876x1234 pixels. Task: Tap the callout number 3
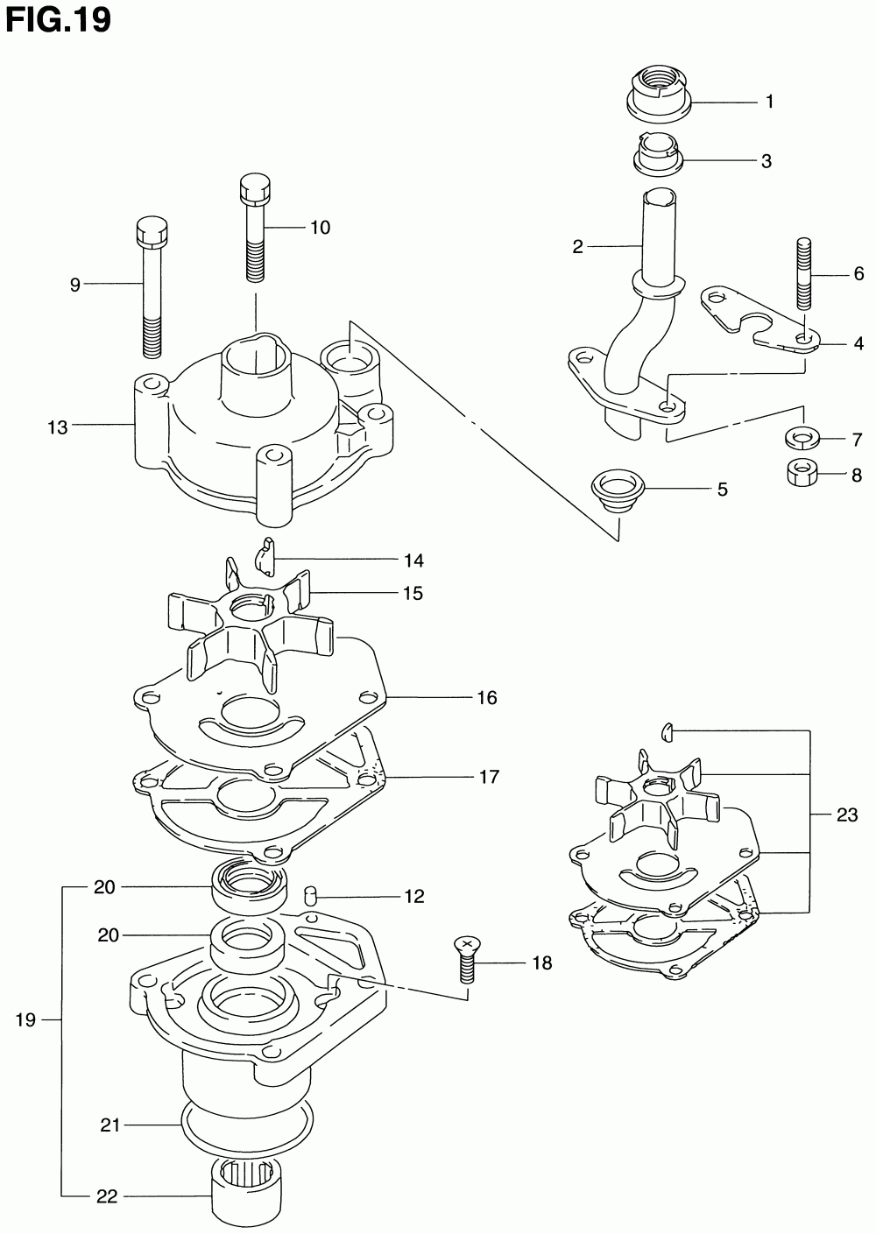tap(766, 161)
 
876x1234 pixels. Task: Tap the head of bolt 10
tap(255, 187)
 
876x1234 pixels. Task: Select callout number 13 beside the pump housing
tap(58, 427)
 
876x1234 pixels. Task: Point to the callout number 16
tap(487, 697)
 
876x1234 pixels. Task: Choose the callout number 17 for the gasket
tap(489, 776)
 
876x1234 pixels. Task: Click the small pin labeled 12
tap(308, 896)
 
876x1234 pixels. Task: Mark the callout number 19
tap(25, 1019)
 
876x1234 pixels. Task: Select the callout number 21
tap(109, 1125)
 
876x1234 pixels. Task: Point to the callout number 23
tap(846, 814)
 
